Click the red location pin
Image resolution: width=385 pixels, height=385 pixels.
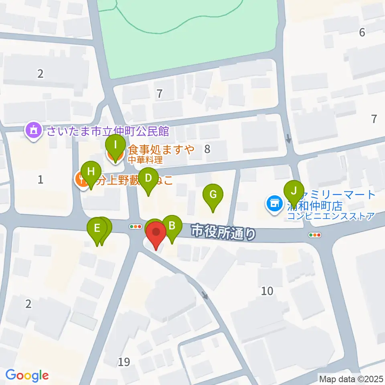[x=156, y=235]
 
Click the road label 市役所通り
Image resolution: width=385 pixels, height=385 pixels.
[x=223, y=232]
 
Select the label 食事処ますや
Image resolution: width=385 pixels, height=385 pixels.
[x=161, y=150]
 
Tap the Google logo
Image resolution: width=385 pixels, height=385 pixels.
[x=27, y=375]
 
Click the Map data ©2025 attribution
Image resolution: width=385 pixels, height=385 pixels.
[x=351, y=378]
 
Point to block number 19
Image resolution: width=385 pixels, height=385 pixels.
[x=124, y=363]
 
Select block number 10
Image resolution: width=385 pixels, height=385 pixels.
[x=267, y=291]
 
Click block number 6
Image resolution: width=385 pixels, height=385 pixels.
[x=362, y=32]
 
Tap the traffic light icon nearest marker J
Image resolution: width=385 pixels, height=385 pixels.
[x=315, y=235]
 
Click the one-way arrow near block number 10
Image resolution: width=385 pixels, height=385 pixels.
[x=205, y=296]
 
